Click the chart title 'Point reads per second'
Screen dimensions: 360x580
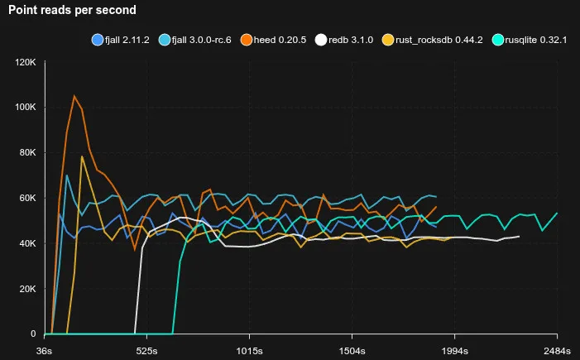pyautogui.click(x=73, y=11)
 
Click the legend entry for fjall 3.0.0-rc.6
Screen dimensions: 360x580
pyautogui.click(x=198, y=40)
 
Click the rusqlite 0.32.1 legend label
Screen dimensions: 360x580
pyautogui.click(x=536, y=40)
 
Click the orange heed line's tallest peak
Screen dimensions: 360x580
pyautogui.click(x=74, y=96)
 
